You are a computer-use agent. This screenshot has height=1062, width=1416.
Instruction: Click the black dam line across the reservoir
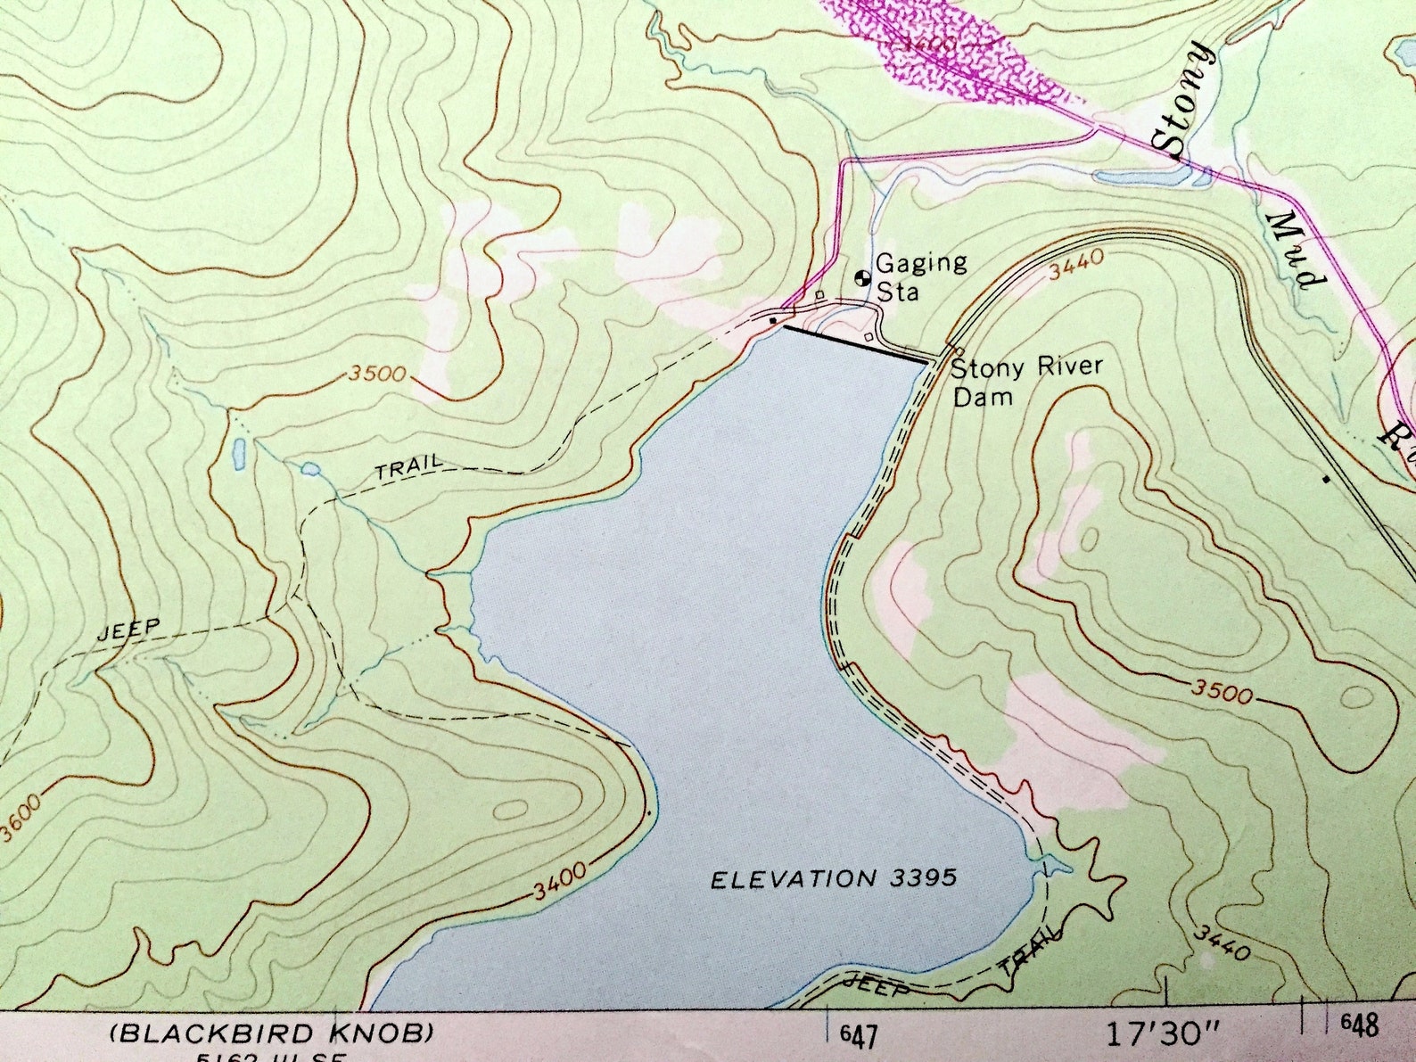click(854, 344)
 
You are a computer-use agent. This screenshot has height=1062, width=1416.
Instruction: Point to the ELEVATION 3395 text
click(833, 879)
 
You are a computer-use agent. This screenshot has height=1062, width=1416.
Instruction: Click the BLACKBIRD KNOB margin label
click(271, 1033)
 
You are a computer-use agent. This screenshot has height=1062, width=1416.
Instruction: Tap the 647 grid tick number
click(858, 1036)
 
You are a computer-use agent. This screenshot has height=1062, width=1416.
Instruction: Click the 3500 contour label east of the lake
click(1220, 692)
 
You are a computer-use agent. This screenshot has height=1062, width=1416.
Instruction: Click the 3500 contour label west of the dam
click(378, 374)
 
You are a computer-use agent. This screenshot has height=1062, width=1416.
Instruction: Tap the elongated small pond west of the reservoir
click(238, 454)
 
